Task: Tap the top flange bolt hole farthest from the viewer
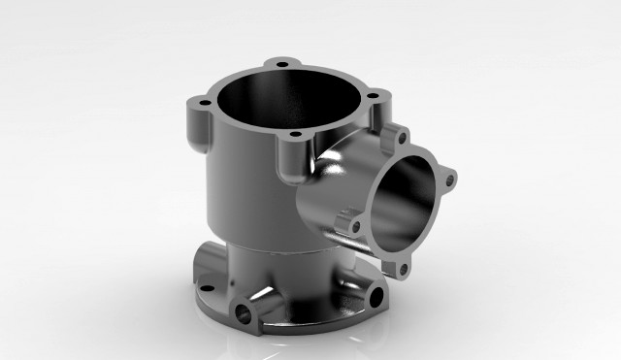click(x=282, y=64)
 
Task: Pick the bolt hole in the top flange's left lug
click(x=205, y=102)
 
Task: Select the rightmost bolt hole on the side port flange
click(x=449, y=177)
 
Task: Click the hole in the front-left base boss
click(x=241, y=314)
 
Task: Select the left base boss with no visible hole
click(x=203, y=257)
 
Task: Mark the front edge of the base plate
click(x=291, y=335)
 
